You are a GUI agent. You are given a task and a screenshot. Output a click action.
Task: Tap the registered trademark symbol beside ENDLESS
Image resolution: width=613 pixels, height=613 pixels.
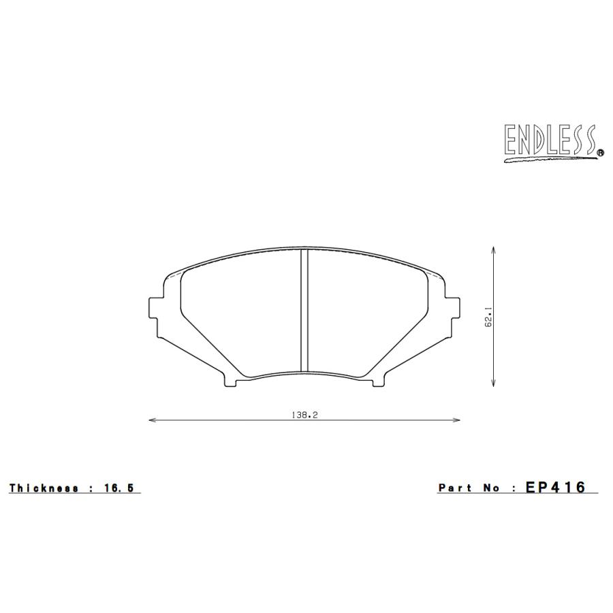pyautogui.click(x=599, y=154)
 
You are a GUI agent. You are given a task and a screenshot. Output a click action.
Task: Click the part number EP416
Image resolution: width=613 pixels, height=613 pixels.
pyautogui.click(x=555, y=488)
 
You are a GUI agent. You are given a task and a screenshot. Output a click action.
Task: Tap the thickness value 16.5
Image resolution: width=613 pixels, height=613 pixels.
pyautogui.click(x=120, y=488)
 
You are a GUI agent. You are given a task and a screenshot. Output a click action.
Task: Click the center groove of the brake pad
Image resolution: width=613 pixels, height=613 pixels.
pyautogui.click(x=304, y=310)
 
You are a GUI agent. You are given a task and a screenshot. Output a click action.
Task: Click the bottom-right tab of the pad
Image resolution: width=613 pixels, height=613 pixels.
pyautogui.click(x=377, y=382)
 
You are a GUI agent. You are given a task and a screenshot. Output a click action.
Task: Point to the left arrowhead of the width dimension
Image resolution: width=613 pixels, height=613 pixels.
pyautogui.click(x=151, y=420)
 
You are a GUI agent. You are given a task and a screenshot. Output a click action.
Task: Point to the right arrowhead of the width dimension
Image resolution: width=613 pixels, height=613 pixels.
pyautogui.click(x=458, y=420)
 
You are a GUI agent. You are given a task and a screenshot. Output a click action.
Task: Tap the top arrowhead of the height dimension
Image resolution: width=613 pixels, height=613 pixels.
pyautogui.click(x=492, y=249)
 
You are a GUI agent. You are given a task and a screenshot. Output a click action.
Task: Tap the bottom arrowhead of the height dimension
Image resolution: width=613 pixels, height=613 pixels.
pyautogui.click(x=492, y=385)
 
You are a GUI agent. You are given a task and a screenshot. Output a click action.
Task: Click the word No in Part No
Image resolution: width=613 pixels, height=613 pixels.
pyautogui.click(x=491, y=488)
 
